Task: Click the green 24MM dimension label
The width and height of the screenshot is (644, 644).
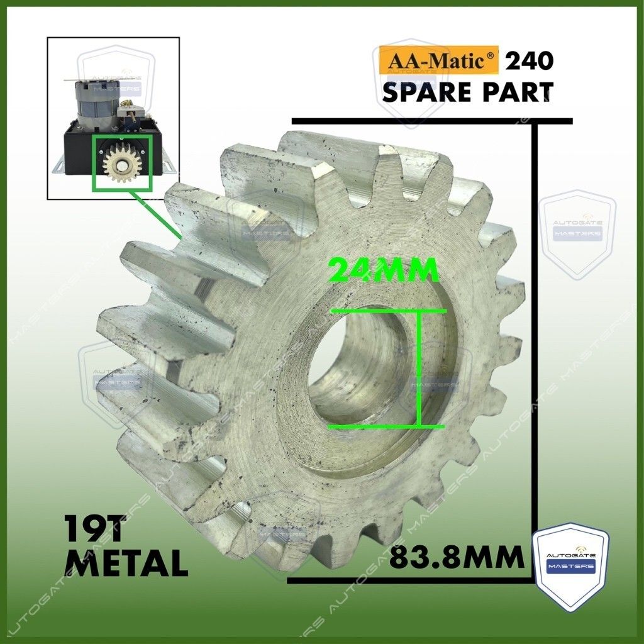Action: [384, 270]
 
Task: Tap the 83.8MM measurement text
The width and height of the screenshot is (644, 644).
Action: [457, 557]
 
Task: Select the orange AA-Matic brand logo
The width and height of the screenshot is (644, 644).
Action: [438, 60]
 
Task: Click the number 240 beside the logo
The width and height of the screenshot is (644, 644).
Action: [530, 61]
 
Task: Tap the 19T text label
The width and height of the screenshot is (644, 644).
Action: [94, 530]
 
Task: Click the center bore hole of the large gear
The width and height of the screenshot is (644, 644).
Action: [362, 365]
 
